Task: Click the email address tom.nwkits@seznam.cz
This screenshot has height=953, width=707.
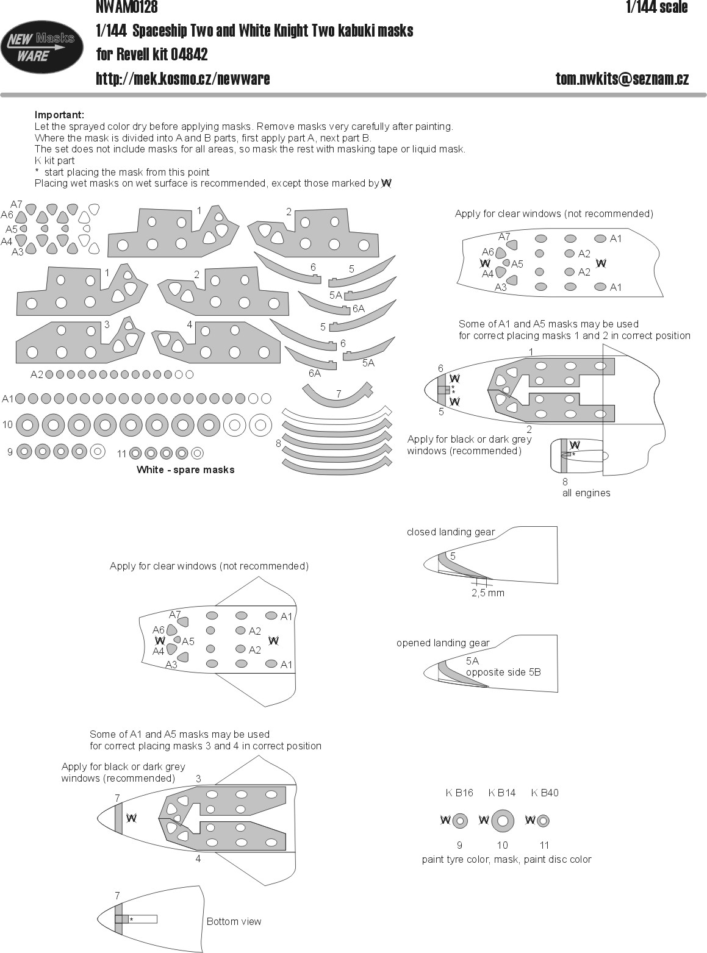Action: (622, 79)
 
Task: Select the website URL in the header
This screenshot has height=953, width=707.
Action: (183, 79)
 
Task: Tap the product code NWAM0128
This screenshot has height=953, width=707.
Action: (126, 7)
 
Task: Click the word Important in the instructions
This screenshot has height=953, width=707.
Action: (59, 115)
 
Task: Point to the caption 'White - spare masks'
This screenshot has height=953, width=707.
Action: (185, 469)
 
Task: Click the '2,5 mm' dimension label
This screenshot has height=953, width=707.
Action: (488, 593)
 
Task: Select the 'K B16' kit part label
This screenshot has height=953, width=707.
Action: (459, 793)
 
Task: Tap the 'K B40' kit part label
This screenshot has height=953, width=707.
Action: (545, 793)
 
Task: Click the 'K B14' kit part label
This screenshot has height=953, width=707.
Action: (502, 793)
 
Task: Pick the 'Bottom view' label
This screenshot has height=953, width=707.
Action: (234, 921)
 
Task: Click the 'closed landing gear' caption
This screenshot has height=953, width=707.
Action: (451, 532)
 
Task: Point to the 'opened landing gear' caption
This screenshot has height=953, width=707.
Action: (443, 643)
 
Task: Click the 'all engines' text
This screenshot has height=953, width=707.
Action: (586, 493)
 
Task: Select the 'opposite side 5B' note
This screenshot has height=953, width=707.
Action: (503, 672)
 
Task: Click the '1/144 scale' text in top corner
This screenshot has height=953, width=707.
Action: (656, 7)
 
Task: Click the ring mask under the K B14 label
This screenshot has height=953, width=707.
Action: (502, 821)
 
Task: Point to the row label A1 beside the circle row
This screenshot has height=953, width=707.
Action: (8, 399)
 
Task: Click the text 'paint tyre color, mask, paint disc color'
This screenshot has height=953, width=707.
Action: (506, 859)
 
